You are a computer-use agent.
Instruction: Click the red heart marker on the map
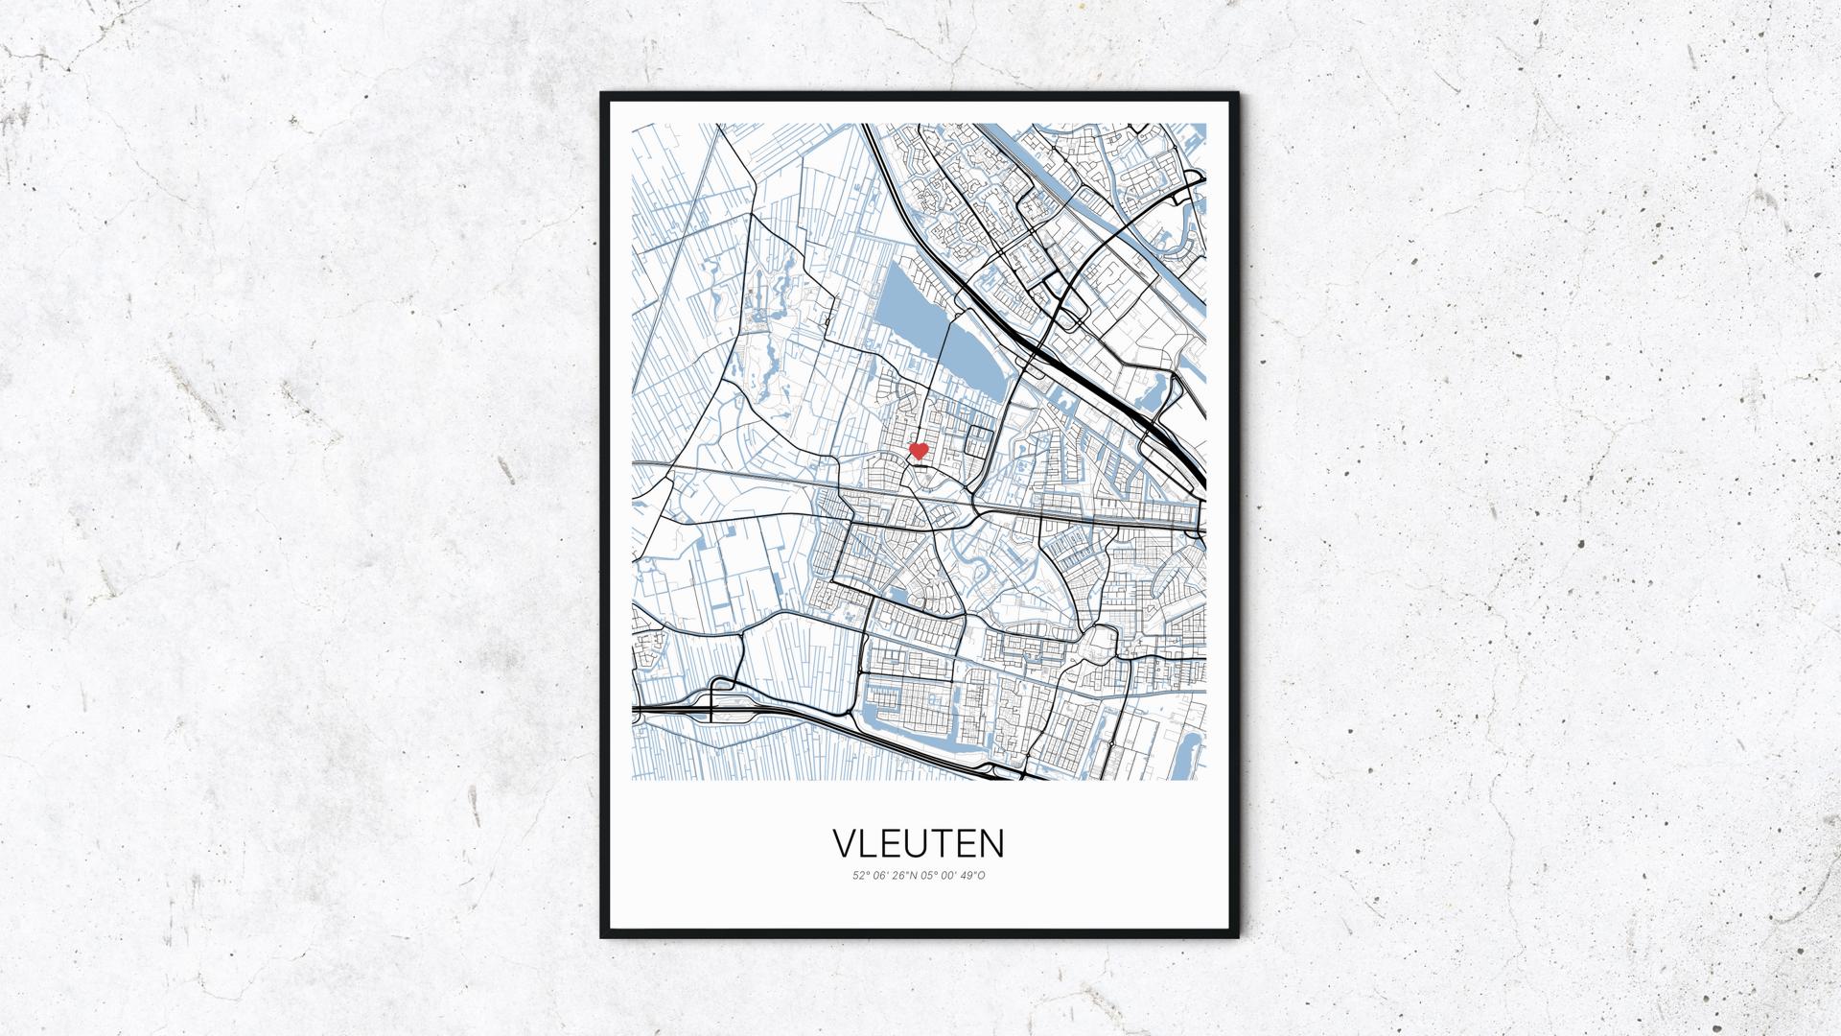918,450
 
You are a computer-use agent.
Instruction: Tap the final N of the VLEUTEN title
991,843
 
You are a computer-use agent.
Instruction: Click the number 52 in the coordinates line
857,875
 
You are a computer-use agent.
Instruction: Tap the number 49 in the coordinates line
969,875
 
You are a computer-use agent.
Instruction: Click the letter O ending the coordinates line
982,875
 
